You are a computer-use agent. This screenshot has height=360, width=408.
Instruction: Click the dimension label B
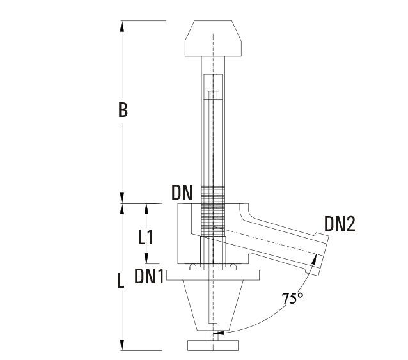click(x=123, y=110)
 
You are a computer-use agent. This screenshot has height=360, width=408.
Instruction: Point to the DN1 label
click(x=148, y=276)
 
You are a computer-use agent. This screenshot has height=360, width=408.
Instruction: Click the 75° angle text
click(x=293, y=299)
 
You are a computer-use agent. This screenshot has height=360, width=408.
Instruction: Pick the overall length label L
click(x=120, y=282)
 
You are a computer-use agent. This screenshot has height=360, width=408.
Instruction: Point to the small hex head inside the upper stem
click(x=212, y=96)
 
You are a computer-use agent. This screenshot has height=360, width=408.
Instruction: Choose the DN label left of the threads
click(x=182, y=192)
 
